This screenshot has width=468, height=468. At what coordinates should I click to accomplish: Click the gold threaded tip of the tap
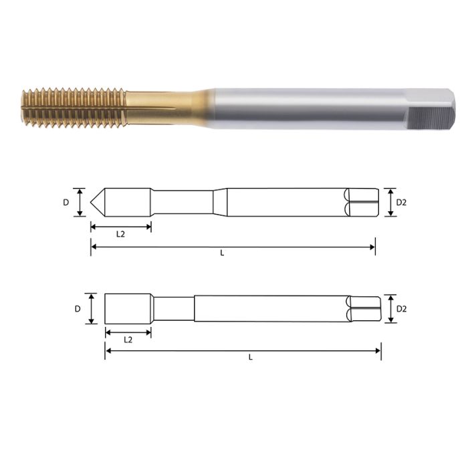click(x=70, y=107)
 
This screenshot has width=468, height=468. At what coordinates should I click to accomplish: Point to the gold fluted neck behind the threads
click(x=160, y=108)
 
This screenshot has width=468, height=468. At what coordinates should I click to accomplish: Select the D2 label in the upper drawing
click(x=401, y=202)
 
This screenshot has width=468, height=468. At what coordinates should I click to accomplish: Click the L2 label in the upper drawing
click(x=121, y=235)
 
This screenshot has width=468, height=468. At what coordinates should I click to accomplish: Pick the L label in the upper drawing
click(x=222, y=254)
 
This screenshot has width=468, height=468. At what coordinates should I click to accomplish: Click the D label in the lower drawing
click(x=78, y=309)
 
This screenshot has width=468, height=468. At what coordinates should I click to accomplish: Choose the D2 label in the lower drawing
click(x=402, y=309)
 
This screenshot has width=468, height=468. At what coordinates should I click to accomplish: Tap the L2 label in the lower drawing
click(x=128, y=340)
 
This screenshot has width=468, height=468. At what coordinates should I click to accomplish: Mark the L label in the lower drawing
click(x=250, y=357)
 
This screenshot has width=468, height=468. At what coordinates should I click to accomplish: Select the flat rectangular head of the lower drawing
click(x=127, y=308)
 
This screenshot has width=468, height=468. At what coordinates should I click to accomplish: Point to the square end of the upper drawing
click(x=362, y=202)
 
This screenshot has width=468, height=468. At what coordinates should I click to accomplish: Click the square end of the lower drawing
click(x=365, y=309)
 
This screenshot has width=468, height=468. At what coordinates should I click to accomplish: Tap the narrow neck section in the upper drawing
click(x=184, y=202)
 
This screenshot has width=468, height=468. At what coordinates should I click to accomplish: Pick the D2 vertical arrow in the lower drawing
click(x=390, y=309)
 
